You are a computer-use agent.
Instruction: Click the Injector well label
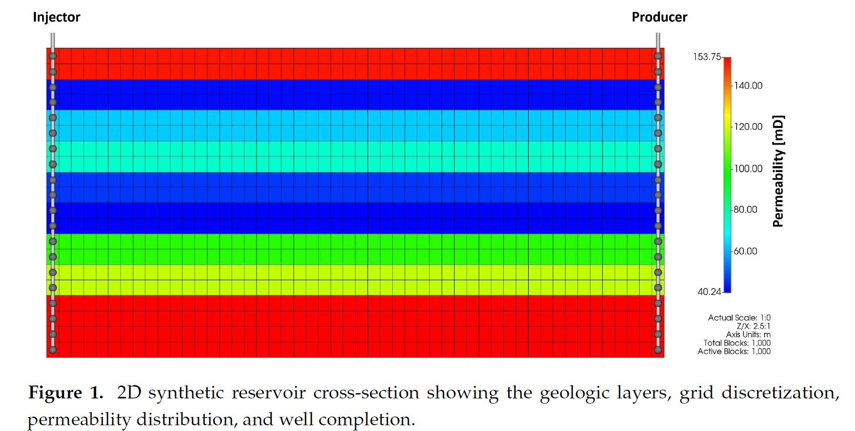(x=56, y=17)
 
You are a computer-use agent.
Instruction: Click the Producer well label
(x=659, y=17)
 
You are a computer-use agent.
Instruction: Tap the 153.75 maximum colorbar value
(x=707, y=57)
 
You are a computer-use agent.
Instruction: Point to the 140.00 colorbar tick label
(x=748, y=86)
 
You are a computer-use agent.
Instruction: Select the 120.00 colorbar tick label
(x=748, y=127)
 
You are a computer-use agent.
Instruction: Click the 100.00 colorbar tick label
(x=748, y=169)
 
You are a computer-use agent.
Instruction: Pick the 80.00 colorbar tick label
(x=745, y=210)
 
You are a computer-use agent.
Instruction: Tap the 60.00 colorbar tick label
(x=745, y=251)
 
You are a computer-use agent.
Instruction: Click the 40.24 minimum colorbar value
(x=709, y=292)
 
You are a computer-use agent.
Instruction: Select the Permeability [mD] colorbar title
(x=778, y=171)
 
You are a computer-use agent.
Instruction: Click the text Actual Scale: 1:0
(x=739, y=318)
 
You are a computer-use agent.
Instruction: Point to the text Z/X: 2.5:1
(x=754, y=326)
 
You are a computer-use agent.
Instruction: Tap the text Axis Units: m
(x=748, y=334)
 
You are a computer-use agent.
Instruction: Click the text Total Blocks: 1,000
(x=737, y=343)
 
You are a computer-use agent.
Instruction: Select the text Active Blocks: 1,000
(x=734, y=352)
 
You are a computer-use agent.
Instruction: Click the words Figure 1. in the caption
(x=66, y=393)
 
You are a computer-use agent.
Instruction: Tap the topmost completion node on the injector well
(x=53, y=56)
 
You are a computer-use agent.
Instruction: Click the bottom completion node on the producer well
(x=658, y=350)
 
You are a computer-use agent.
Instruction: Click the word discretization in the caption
(x=780, y=393)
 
